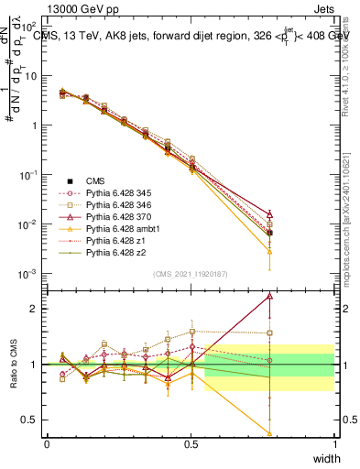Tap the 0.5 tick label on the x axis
191,443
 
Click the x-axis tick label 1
334,443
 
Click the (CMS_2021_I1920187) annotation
190,274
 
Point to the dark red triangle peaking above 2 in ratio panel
269,296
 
